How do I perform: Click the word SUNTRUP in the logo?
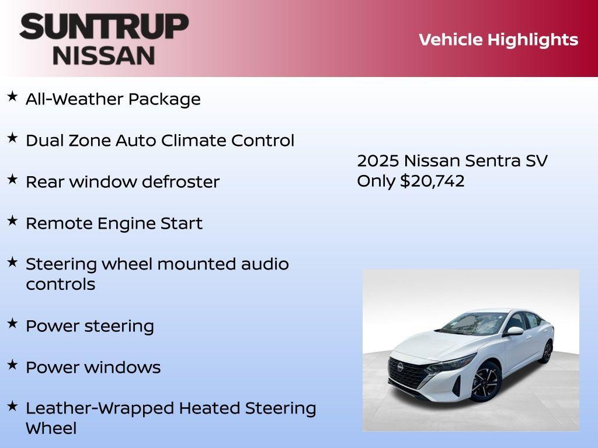pyautogui.click(x=104, y=27)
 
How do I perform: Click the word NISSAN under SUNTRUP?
pyautogui.click(x=104, y=55)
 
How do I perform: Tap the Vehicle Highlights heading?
pyautogui.click(x=498, y=40)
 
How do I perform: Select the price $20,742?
pyautogui.click(x=432, y=181)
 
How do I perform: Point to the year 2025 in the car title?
pyautogui.click(x=377, y=160)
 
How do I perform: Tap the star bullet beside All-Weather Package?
pyautogui.click(x=12, y=96)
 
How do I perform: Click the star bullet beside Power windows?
pyautogui.click(x=12, y=365)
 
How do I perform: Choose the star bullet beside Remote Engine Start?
pyautogui.click(x=12, y=220)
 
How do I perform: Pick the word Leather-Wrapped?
pyautogui.click(x=100, y=408)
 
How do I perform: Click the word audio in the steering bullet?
pyautogui.click(x=265, y=264)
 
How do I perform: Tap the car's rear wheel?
pyautogui.click(x=547, y=352)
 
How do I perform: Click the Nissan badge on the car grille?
pyautogui.click(x=401, y=367)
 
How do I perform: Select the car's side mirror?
pyautogui.click(x=514, y=331)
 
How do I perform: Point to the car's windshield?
pyautogui.click(x=467, y=323)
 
